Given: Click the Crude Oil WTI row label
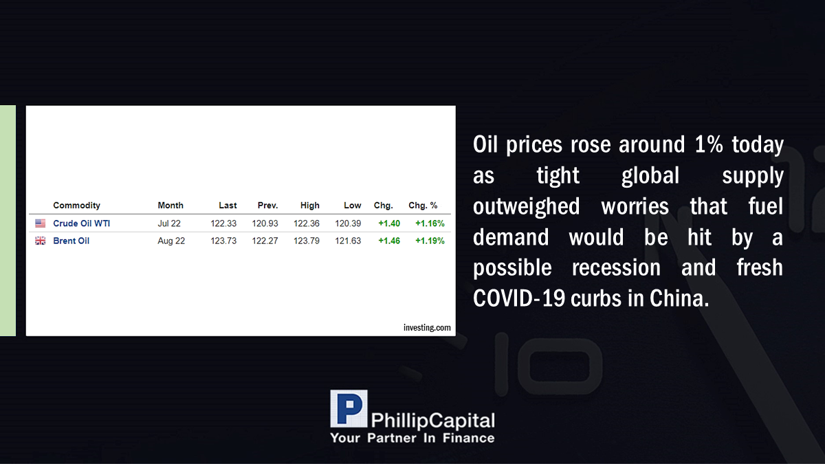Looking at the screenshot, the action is point(81,223).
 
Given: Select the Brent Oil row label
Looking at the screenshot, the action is point(71,241).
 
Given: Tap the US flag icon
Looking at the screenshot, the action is point(40,223).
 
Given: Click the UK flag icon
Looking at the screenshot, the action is point(40,241).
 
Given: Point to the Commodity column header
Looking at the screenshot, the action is point(76,206).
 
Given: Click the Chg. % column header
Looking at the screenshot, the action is point(423,206).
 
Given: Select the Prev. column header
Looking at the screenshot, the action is point(267,206).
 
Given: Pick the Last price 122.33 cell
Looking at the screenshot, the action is point(223,223).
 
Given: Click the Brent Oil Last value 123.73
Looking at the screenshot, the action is point(223,241).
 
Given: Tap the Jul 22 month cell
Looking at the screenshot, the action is point(169,223).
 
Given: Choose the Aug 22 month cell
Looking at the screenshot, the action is point(171,241).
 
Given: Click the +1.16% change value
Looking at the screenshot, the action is point(430,223).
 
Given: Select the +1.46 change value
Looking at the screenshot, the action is point(389,241).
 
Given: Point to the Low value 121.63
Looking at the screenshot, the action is point(348,241).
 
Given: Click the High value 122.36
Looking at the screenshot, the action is point(307,223).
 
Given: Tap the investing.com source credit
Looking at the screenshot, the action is point(427,327).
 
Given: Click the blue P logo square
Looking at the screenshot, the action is point(349,409).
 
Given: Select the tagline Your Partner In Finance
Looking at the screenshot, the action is point(412,438).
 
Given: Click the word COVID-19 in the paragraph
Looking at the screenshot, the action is point(518,298).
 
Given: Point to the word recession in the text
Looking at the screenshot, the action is point(616,267).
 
